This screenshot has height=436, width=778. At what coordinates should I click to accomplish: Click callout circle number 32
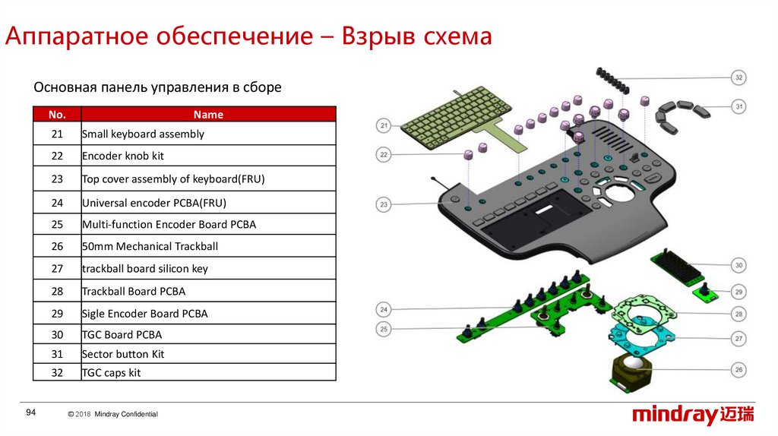(x=738, y=77)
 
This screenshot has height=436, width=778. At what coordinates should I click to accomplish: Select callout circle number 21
(x=384, y=125)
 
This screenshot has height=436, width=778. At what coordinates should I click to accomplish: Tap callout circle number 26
(x=738, y=370)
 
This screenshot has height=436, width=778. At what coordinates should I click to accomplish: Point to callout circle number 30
(x=738, y=266)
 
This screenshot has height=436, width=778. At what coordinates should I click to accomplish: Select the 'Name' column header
(x=208, y=115)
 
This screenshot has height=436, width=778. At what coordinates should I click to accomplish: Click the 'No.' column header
(x=57, y=115)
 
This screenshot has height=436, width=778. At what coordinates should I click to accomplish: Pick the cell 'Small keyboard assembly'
(x=143, y=134)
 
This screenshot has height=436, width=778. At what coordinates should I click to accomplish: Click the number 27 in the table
(x=57, y=268)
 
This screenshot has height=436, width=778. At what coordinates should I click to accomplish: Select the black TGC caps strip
(x=613, y=79)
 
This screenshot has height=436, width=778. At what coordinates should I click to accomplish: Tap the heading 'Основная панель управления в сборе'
(x=157, y=87)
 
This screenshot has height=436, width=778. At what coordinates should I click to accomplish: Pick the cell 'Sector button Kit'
(x=123, y=354)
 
